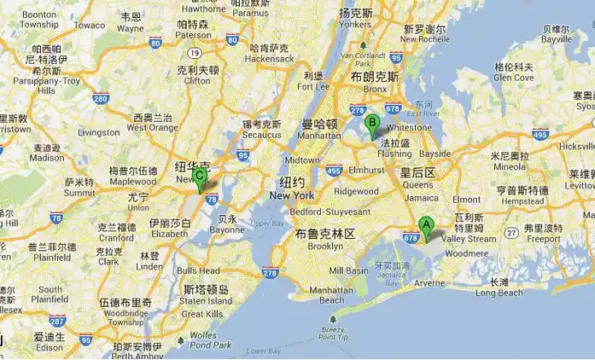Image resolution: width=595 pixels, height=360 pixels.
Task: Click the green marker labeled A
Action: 426,228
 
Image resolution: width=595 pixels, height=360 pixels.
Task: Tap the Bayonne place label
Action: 227,229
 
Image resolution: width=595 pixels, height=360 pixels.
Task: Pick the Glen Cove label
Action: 513,77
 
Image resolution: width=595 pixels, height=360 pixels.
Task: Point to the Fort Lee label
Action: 312,85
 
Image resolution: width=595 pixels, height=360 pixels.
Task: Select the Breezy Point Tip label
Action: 334,334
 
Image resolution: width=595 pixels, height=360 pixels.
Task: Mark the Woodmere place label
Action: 468,253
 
